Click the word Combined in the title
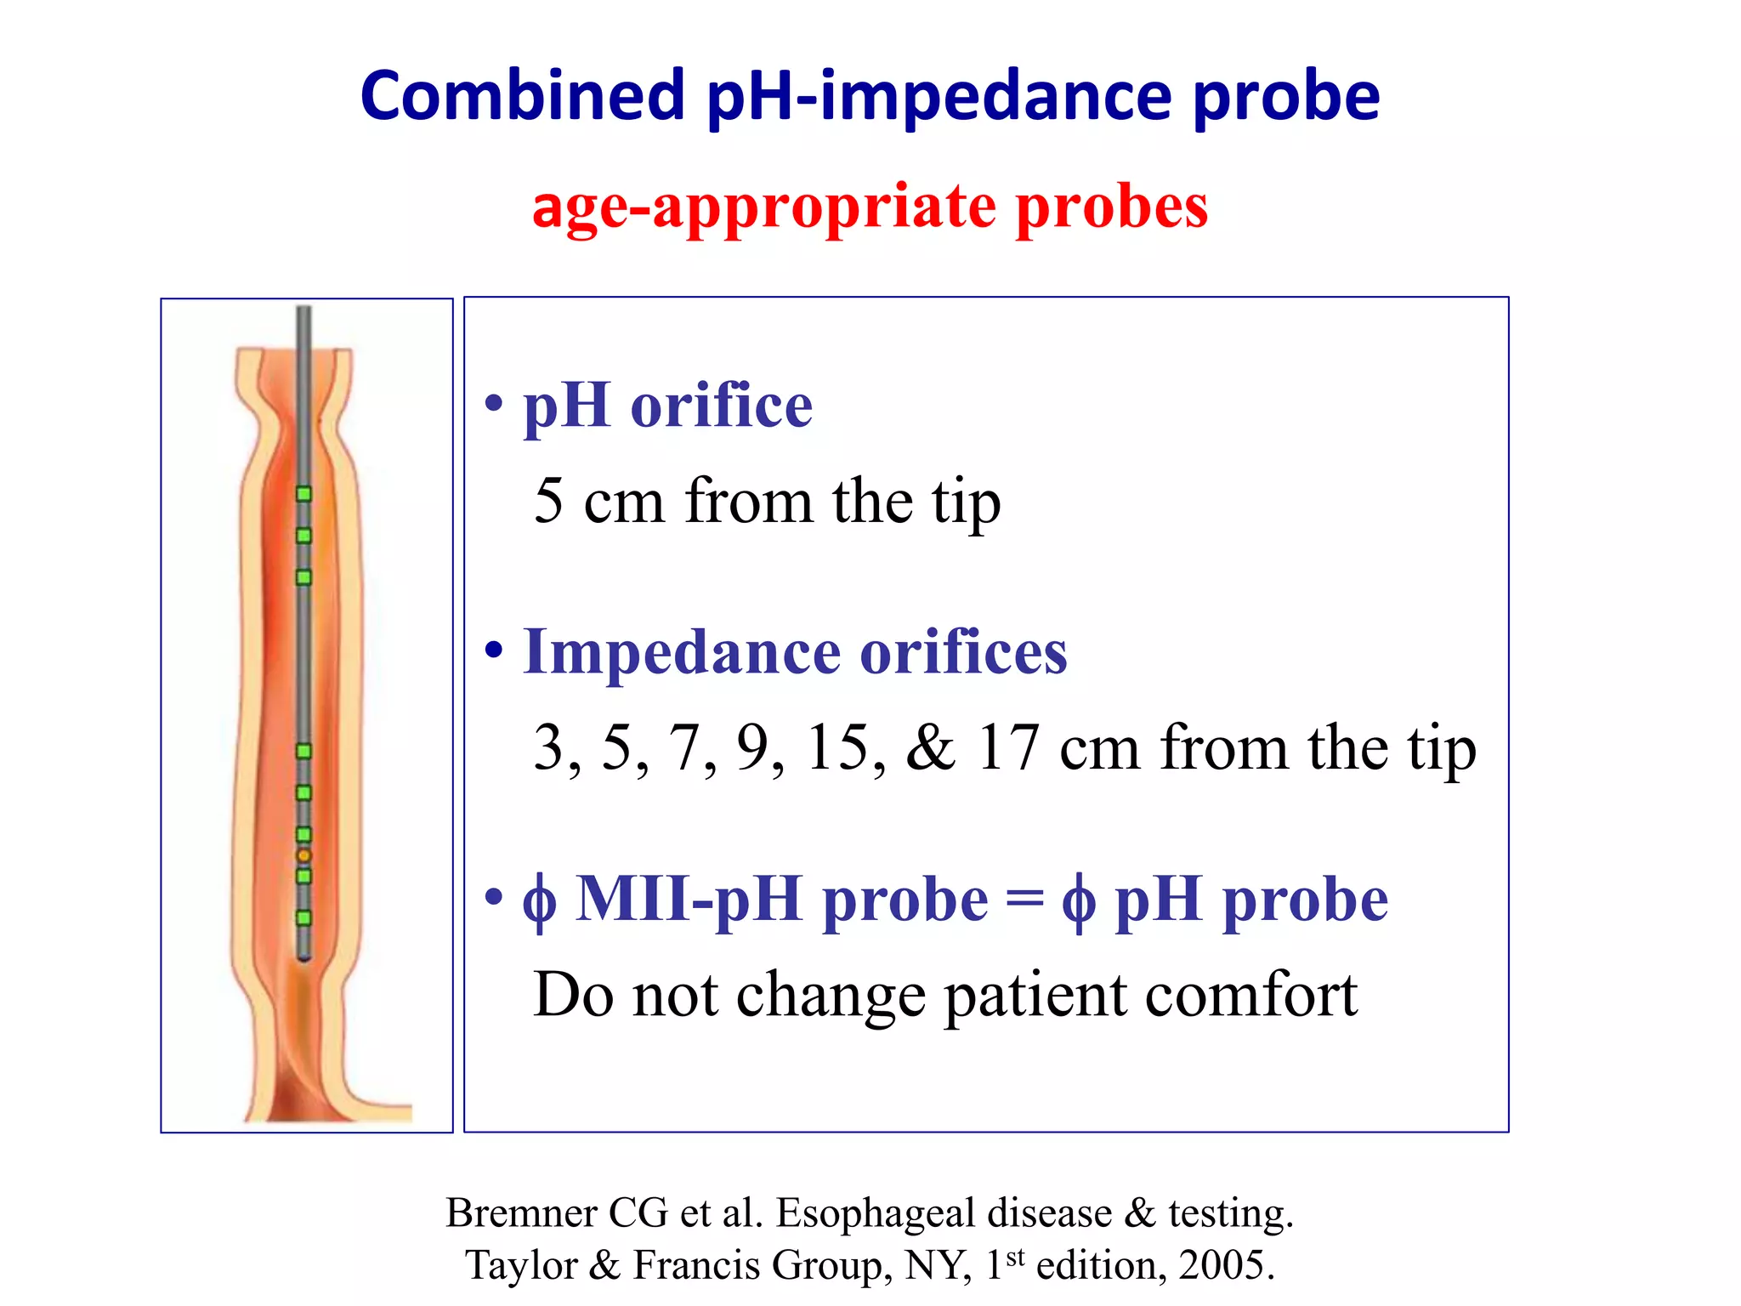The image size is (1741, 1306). (x=522, y=95)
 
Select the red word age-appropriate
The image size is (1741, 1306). (x=763, y=207)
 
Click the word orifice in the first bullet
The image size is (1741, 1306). (x=721, y=406)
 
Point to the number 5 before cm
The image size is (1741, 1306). (x=548, y=501)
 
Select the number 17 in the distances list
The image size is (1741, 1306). (x=1007, y=748)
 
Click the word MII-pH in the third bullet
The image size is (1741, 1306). (x=689, y=900)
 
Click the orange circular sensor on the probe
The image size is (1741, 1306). (x=303, y=855)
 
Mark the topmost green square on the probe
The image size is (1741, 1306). (x=303, y=494)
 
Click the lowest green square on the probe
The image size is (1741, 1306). (x=303, y=917)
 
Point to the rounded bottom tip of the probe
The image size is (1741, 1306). (x=303, y=957)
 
